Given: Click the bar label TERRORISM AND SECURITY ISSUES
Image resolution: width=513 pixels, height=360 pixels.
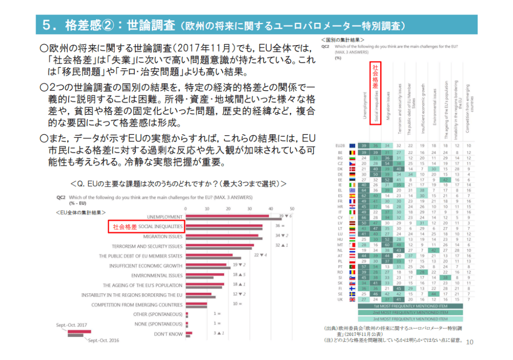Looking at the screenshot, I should (147, 246).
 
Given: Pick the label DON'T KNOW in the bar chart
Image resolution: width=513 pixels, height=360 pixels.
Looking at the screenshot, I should (168, 333).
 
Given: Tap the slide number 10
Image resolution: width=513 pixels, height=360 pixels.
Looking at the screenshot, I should (470, 342).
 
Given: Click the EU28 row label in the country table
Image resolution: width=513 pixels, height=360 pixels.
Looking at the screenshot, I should (339, 145).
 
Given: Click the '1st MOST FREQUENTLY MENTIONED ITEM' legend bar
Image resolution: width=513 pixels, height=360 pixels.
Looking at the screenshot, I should (403, 305).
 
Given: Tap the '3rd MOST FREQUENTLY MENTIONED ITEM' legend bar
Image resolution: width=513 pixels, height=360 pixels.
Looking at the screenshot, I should (403, 318).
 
